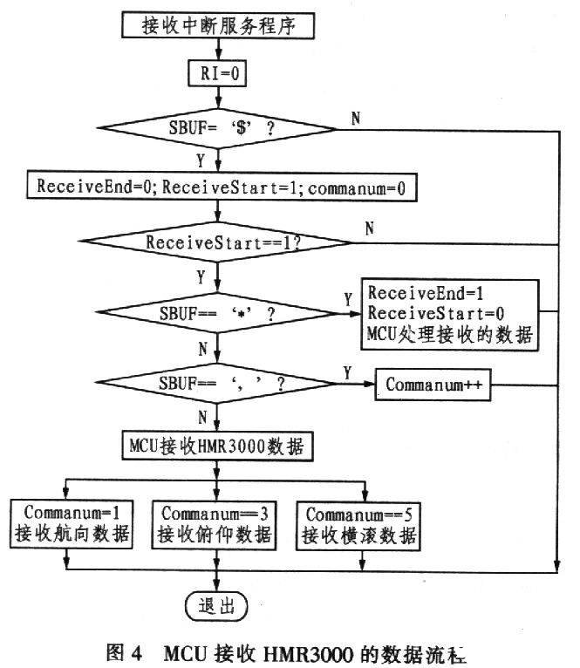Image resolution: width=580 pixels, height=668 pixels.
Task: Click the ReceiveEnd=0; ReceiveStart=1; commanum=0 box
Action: point(216,187)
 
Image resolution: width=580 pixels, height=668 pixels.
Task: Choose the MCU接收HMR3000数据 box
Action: point(215,447)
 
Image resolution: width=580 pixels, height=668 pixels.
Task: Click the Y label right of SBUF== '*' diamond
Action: point(348,297)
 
